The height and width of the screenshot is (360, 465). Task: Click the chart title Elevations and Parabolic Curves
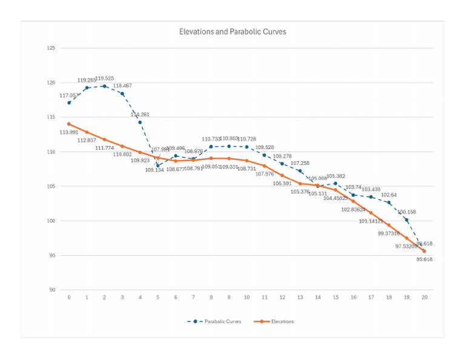[232, 32]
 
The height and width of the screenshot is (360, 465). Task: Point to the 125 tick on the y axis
[51, 48]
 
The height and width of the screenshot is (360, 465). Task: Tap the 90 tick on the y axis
[52, 290]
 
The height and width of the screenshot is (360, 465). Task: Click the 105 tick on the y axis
[51, 186]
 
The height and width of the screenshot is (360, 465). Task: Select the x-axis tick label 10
[246, 298]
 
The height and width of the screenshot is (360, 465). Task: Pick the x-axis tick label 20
[424, 298]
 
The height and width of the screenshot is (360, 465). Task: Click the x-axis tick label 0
[69, 298]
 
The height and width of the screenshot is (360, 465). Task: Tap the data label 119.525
[105, 78]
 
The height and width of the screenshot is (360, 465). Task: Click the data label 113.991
[68, 132]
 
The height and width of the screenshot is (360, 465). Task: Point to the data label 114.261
[140, 114]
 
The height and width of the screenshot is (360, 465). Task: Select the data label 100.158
[406, 212]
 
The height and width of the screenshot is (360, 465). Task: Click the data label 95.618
[424, 259]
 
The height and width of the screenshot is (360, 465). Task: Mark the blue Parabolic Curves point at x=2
[105, 86]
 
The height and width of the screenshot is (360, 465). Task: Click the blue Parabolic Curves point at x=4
[140, 122]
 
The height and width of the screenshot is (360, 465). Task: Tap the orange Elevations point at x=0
[69, 124]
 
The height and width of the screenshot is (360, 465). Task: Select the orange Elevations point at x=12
[282, 175]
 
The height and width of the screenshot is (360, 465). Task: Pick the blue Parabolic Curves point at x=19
[406, 220]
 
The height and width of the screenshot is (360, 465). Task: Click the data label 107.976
[265, 174]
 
